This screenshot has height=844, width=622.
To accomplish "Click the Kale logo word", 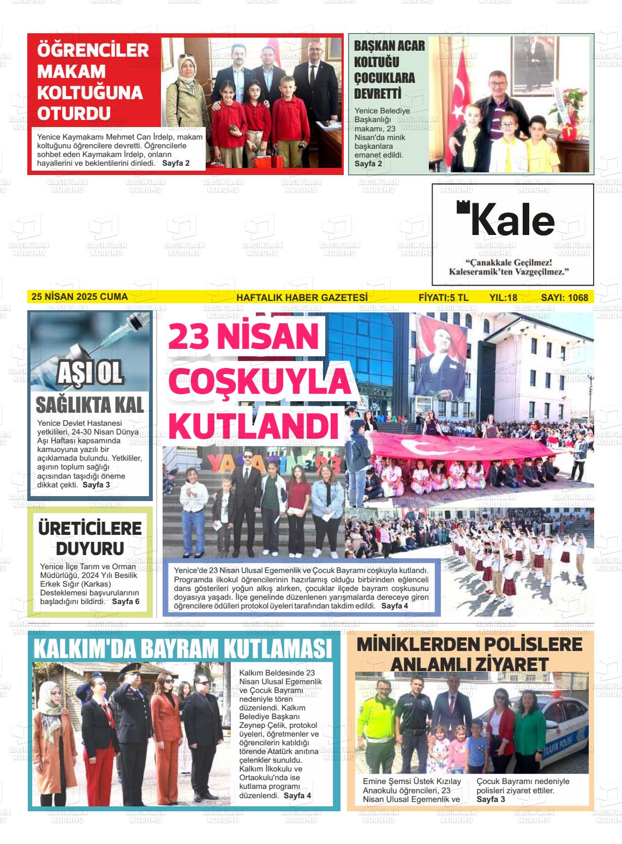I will (511, 220).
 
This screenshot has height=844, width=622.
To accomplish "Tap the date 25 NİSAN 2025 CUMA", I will (80, 297).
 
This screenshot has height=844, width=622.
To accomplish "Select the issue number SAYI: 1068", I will (564, 298).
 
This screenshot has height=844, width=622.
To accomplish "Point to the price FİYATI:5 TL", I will (443, 298).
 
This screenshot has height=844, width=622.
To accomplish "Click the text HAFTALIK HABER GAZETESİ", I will (302, 298).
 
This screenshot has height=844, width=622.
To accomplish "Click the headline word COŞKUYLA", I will (259, 383).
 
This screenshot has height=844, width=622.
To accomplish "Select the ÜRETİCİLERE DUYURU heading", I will (90, 538).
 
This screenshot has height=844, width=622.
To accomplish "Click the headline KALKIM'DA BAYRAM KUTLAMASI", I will (183, 648).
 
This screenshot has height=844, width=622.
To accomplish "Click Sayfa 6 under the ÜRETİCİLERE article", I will (125, 601).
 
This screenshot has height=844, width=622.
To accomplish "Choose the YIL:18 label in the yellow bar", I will (503, 298).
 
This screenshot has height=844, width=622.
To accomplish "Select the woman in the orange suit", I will (166, 731).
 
